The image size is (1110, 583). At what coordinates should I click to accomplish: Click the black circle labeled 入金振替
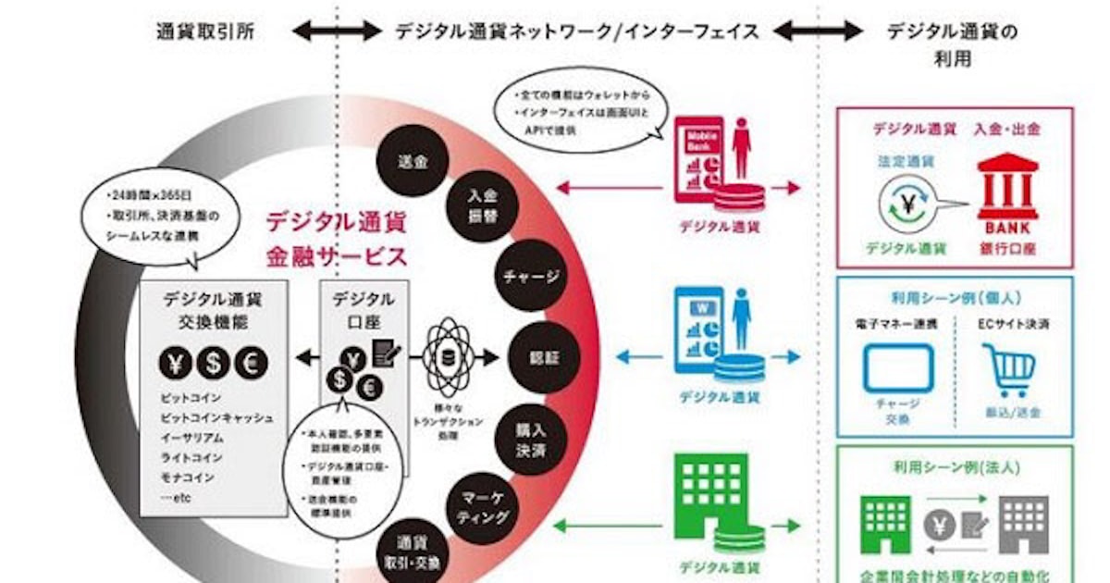[478, 206]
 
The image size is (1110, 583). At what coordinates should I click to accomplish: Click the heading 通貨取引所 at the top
[204, 31]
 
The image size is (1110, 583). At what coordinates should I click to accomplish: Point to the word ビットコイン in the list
[190, 397]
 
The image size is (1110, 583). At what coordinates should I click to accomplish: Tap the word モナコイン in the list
[187, 478]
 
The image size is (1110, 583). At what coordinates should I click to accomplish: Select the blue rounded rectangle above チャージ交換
[899, 368]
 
